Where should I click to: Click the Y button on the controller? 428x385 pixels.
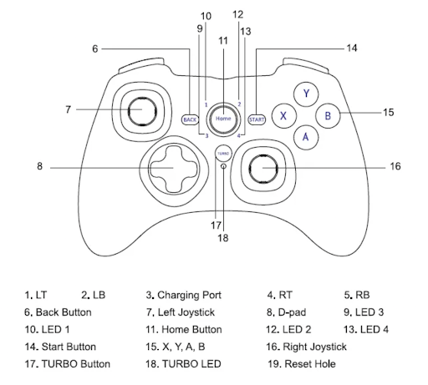[x=306, y=94]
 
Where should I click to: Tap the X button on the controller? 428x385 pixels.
[x=284, y=115]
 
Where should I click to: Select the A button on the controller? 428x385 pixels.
[x=306, y=136]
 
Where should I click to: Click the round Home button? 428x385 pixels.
[x=223, y=119]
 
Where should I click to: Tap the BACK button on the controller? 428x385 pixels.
[x=190, y=119]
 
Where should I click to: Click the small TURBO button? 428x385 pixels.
[x=222, y=154]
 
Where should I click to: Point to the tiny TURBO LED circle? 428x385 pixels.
[x=223, y=166]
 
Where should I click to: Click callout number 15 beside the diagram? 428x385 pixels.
[x=387, y=111]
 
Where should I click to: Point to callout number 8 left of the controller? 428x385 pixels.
[x=39, y=166]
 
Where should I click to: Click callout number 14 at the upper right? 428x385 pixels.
[x=352, y=48]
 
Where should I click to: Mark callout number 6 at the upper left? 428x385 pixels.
[x=95, y=48]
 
